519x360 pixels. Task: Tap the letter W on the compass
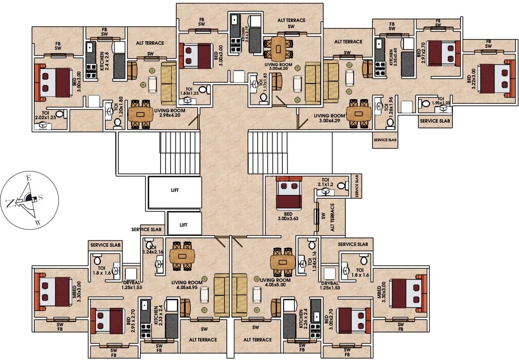[x=38, y=222]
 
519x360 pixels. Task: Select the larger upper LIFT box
[x=174, y=190]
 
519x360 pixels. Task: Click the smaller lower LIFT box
[x=183, y=224]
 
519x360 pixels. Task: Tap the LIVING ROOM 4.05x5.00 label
[x=275, y=283]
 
